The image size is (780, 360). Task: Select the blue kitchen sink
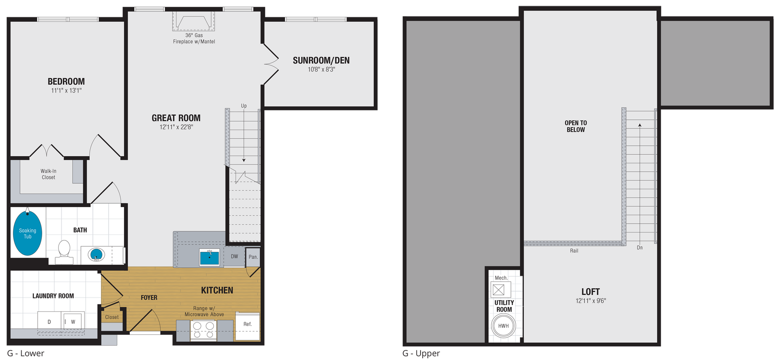[x=209, y=257]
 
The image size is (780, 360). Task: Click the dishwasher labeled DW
[x=234, y=257]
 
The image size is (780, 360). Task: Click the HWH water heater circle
[x=503, y=326]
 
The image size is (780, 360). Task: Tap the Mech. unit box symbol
[x=499, y=290]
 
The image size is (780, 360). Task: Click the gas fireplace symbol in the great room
[x=193, y=22]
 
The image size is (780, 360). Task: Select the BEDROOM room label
[x=66, y=82]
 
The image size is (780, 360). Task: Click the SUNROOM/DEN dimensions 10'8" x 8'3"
[x=321, y=70]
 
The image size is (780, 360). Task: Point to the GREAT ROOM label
[x=176, y=118]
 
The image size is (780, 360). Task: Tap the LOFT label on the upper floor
[x=590, y=292]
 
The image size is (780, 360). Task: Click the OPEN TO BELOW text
[x=575, y=126]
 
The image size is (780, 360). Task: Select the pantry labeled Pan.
[x=253, y=257]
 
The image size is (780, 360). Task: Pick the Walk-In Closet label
[x=48, y=174]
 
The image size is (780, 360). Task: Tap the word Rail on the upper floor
[x=574, y=251]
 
